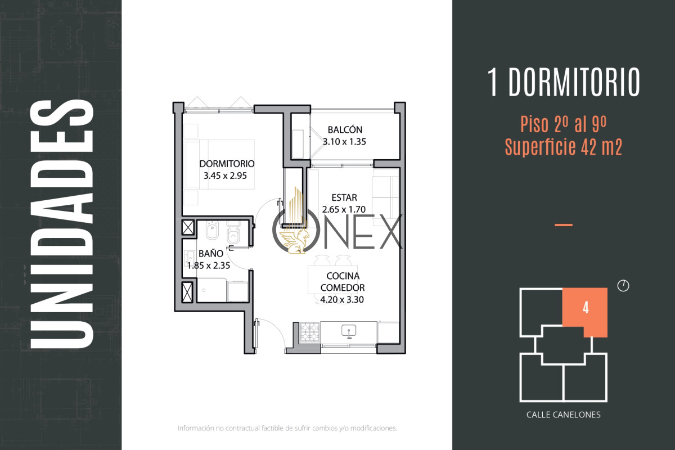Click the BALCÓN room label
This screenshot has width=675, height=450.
tap(345, 129)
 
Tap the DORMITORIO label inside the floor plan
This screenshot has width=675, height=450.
tap(227, 164)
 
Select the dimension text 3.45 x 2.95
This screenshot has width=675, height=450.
tap(225, 175)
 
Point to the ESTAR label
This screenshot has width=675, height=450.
tap(344, 197)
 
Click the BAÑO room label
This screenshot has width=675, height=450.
tap(211, 254)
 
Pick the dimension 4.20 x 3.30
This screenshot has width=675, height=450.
tap(342, 299)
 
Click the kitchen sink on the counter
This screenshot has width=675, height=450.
tap(349, 331)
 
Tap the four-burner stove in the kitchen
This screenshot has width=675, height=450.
tap(310, 332)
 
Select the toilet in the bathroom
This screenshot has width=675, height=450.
tap(233, 232)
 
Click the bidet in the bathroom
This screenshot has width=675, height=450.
tap(212, 231)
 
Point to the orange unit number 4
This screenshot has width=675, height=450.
tap(586, 308)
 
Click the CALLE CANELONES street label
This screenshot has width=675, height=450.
tap(563, 415)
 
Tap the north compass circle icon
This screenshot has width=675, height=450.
tap(623, 285)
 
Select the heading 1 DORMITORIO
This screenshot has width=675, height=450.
tap(563, 82)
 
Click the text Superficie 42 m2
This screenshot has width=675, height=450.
tap(563, 147)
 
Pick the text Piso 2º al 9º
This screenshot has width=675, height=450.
tap(563, 124)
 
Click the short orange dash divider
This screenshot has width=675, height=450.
tap(564, 225)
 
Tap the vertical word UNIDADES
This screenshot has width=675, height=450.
tap(62, 224)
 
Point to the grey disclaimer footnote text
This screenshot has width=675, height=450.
tap(287, 428)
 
